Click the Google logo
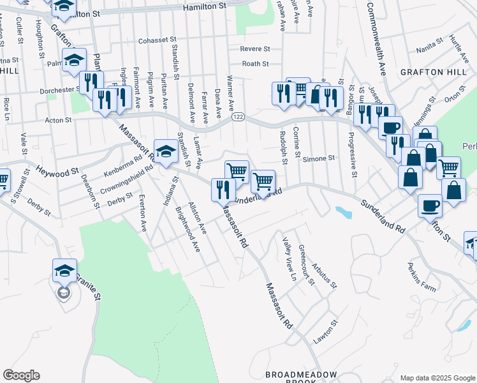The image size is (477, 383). tap(21, 375)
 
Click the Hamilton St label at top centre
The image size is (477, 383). tap(205, 6)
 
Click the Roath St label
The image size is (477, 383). tap(255, 64)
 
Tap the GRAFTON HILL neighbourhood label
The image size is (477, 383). tap(434, 73)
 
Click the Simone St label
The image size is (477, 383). tap(318, 158)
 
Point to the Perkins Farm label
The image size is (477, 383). tap(419, 284)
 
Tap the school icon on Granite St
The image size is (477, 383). tap(64, 271)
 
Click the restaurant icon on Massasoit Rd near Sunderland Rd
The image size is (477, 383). tap(223, 190)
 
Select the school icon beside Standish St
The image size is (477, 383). tap(166, 152)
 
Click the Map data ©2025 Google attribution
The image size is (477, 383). tap(436, 378)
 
